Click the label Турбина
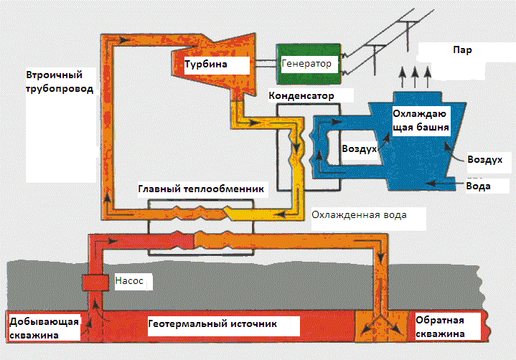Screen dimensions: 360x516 206,65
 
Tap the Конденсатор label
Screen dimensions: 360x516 310,95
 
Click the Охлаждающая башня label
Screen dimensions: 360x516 421,121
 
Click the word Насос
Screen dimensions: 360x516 130,282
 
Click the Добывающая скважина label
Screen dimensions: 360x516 43,327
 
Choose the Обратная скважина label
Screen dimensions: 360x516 441,327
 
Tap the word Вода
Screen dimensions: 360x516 479,186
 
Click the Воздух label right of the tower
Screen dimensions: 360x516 484,161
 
